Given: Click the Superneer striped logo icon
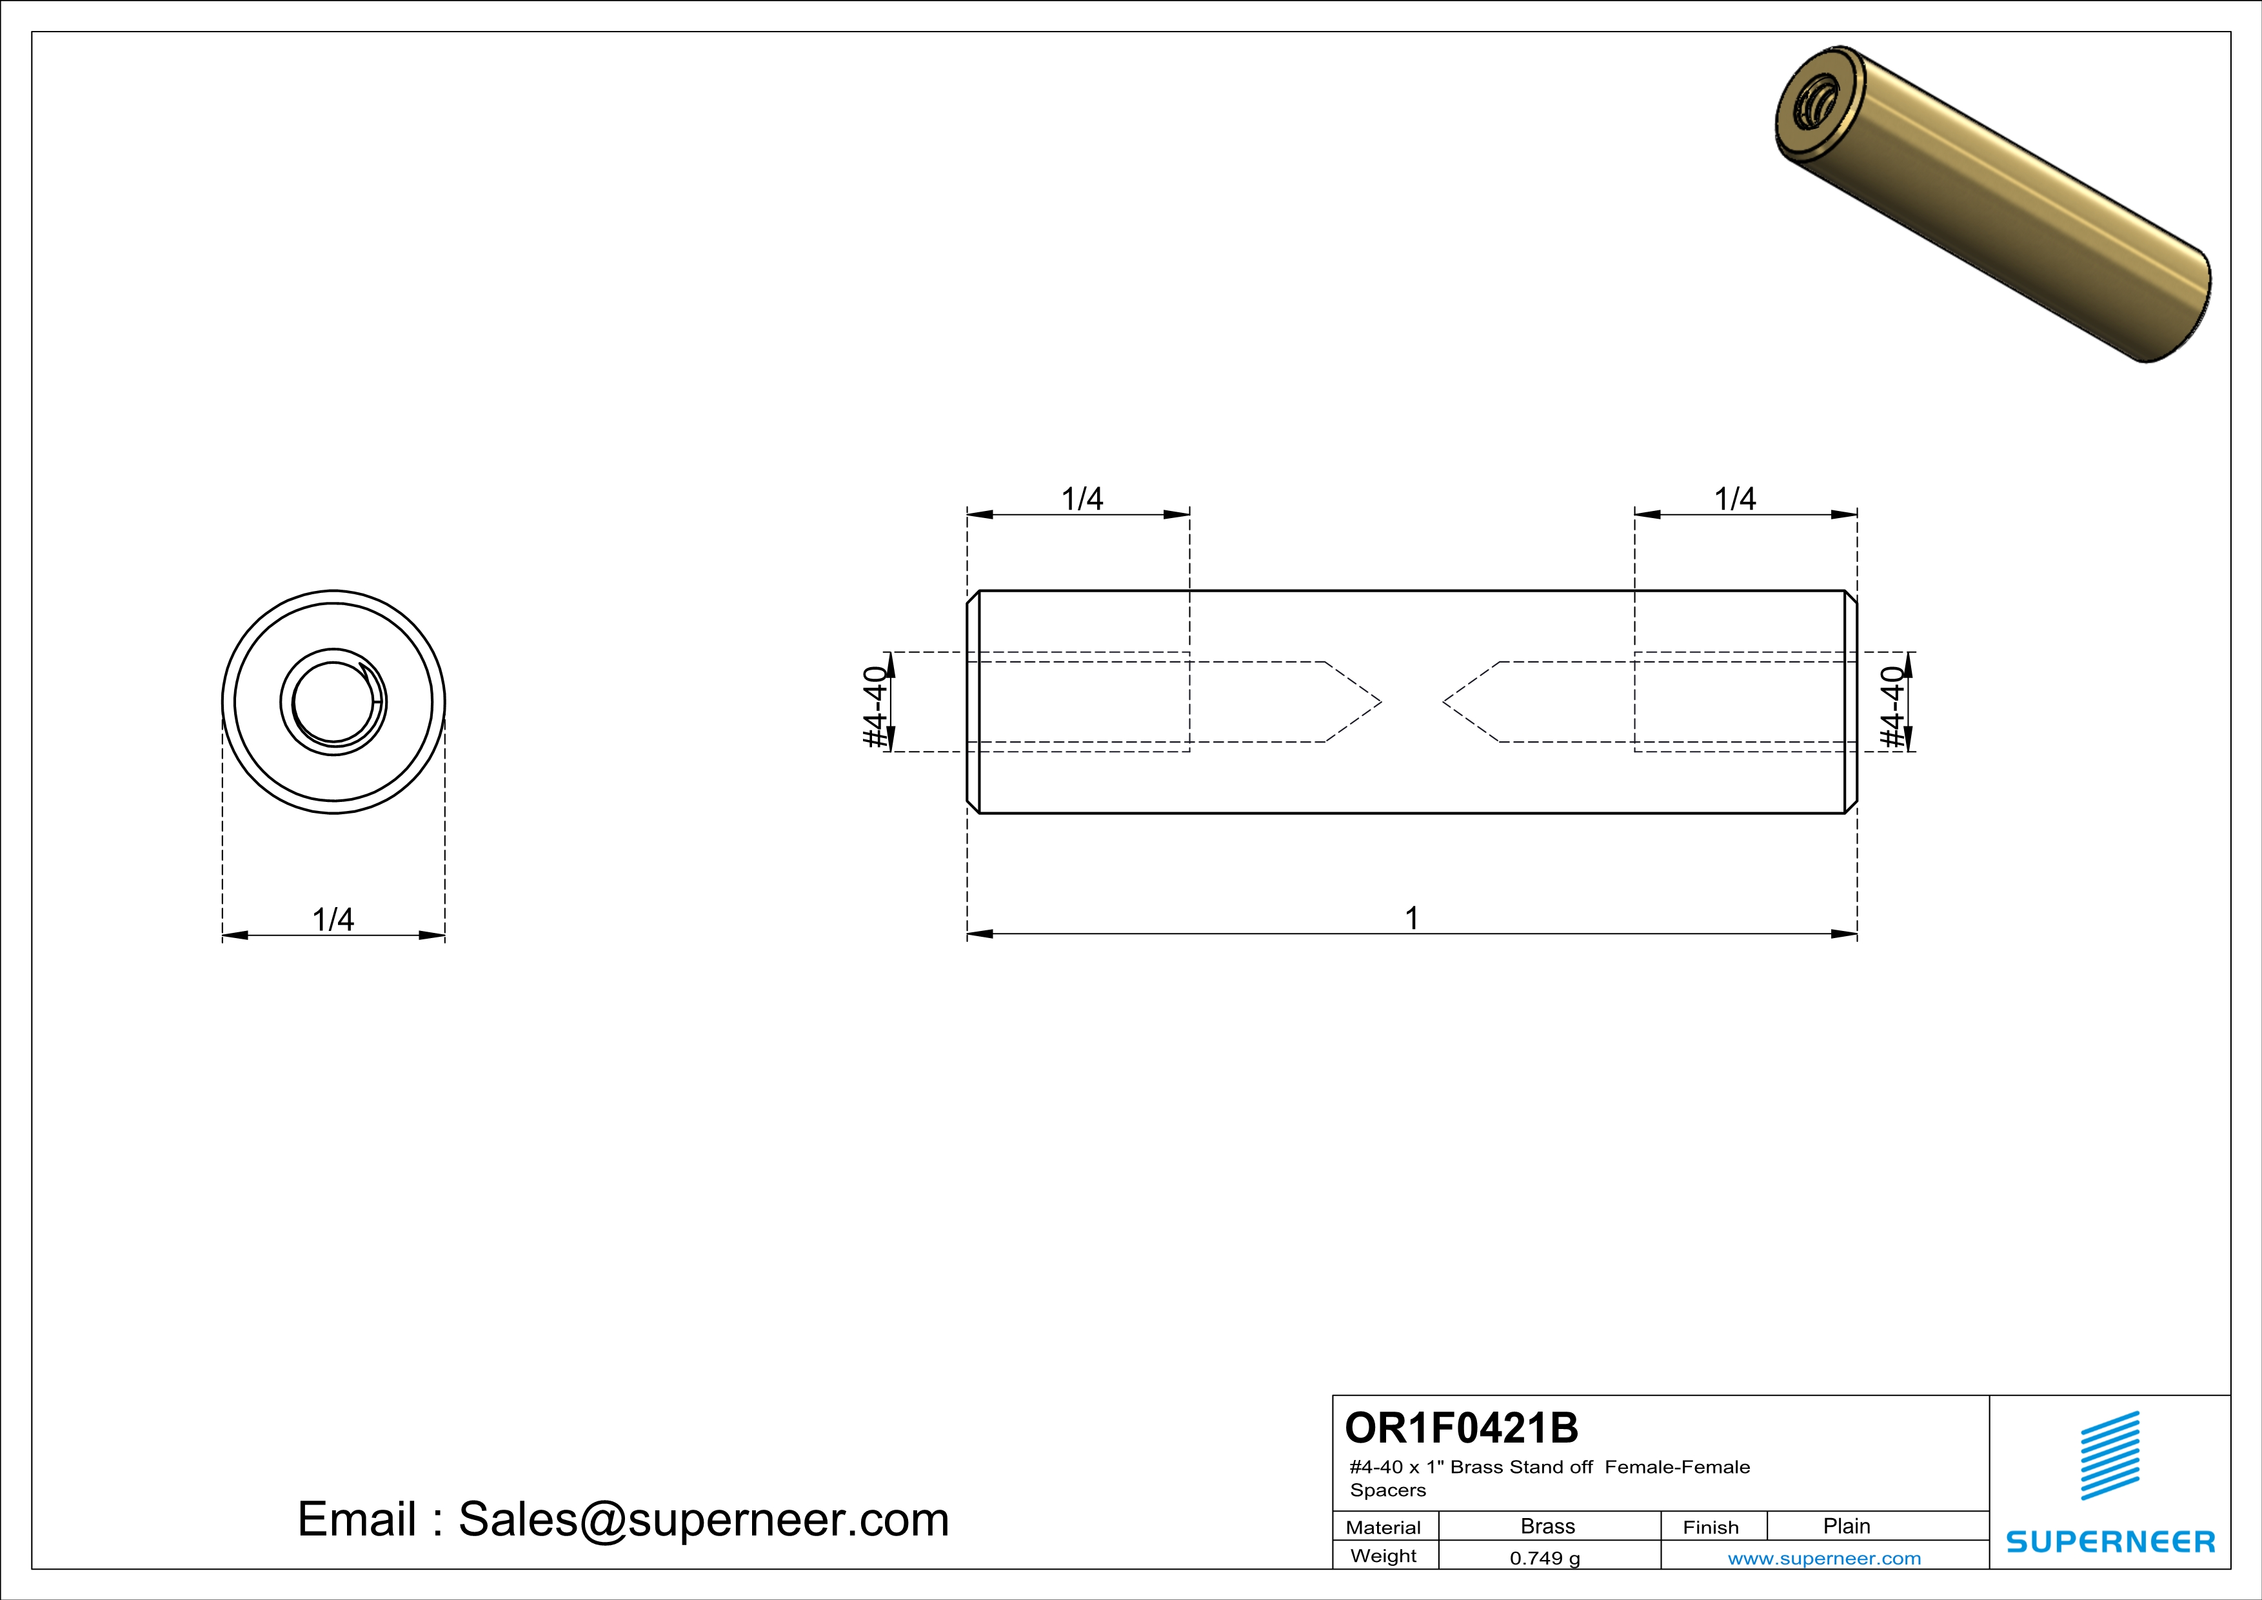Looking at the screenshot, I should [2109, 1455].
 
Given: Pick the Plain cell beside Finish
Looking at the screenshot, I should [1845, 1526].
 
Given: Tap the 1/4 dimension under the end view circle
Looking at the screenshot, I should [333, 919].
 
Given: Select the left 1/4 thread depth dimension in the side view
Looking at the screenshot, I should [1081, 499].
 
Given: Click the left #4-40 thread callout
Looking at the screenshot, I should [875, 706].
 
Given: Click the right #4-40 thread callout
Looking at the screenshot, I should [1892, 706].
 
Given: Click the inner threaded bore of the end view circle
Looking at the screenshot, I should [333, 701].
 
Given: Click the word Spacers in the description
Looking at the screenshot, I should [1387, 1490].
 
